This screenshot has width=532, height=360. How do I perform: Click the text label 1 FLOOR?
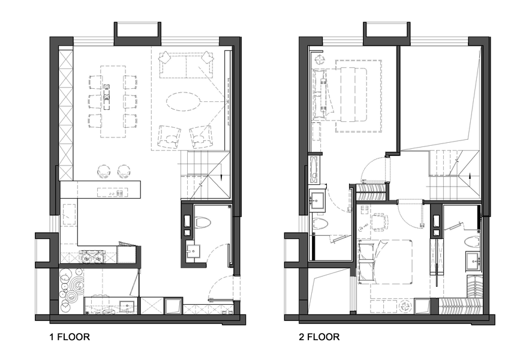(x=70, y=337)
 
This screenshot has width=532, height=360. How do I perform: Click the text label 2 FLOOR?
(x=319, y=337)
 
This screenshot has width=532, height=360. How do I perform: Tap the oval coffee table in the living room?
(x=183, y=101)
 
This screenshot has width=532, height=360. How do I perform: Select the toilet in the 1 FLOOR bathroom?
(x=203, y=222)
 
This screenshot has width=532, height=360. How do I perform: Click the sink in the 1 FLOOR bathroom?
(x=193, y=251)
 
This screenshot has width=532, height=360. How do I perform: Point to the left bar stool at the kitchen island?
(x=103, y=172)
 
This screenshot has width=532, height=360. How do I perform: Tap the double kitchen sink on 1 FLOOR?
(x=92, y=257)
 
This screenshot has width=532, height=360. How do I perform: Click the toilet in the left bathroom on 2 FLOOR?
(x=319, y=224)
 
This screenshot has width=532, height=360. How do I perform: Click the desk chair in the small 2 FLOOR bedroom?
(x=379, y=222)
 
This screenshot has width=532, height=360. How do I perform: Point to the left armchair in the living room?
(x=170, y=137)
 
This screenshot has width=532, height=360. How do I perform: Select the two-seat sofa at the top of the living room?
(x=187, y=64)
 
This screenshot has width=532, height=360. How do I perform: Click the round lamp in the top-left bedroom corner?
(x=318, y=59)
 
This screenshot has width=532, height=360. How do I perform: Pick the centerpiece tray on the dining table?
(x=107, y=97)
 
